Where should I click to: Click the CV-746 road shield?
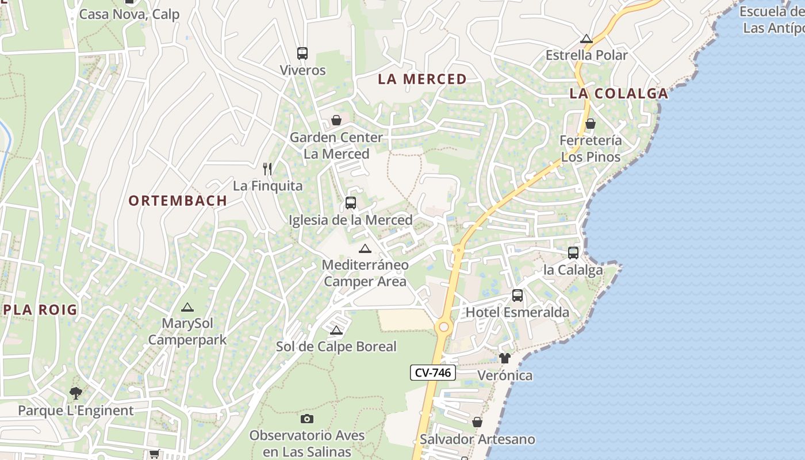pyautogui.click(x=434, y=373)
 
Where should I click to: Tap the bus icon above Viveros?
pyautogui.click(x=302, y=53)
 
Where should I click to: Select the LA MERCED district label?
pyautogui.click(x=422, y=79)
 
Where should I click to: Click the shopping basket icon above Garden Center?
pyautogui.click(x=336, y=120)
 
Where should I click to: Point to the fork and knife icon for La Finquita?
pyautogui.click(x=267, y=168)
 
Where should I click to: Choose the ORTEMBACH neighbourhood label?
pyautogui.click(x=178, y=201)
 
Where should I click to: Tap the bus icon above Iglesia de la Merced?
pyautogui.click(x=351, y=203)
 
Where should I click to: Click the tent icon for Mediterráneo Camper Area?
pyautogui.click(x=365, y=248)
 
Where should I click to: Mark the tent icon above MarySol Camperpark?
pyautogui.click(x=187, y=307)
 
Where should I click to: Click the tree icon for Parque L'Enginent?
pyautogui.click(x=75, y=393)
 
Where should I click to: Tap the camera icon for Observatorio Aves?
pyautogui.click(x=307, y=419)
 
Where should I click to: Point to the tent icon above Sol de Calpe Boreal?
pyautogui.click(x=336, y=330)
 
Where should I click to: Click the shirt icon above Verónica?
pyautogui.click(x=505, y=358)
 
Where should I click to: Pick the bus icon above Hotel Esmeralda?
pyautogui.click(x=517, y=296)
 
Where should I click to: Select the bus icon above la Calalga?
pyautogui.click(x=573, y=252)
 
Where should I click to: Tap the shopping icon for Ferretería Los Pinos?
pyautogui.click(x=591, y=124)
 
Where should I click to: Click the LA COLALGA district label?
pyautogui.click(x=619, y=94)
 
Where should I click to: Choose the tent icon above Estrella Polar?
pyautogui.click(x=586, y=39)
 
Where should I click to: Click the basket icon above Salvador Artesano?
pyautogui.click(x=477, y=422)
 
